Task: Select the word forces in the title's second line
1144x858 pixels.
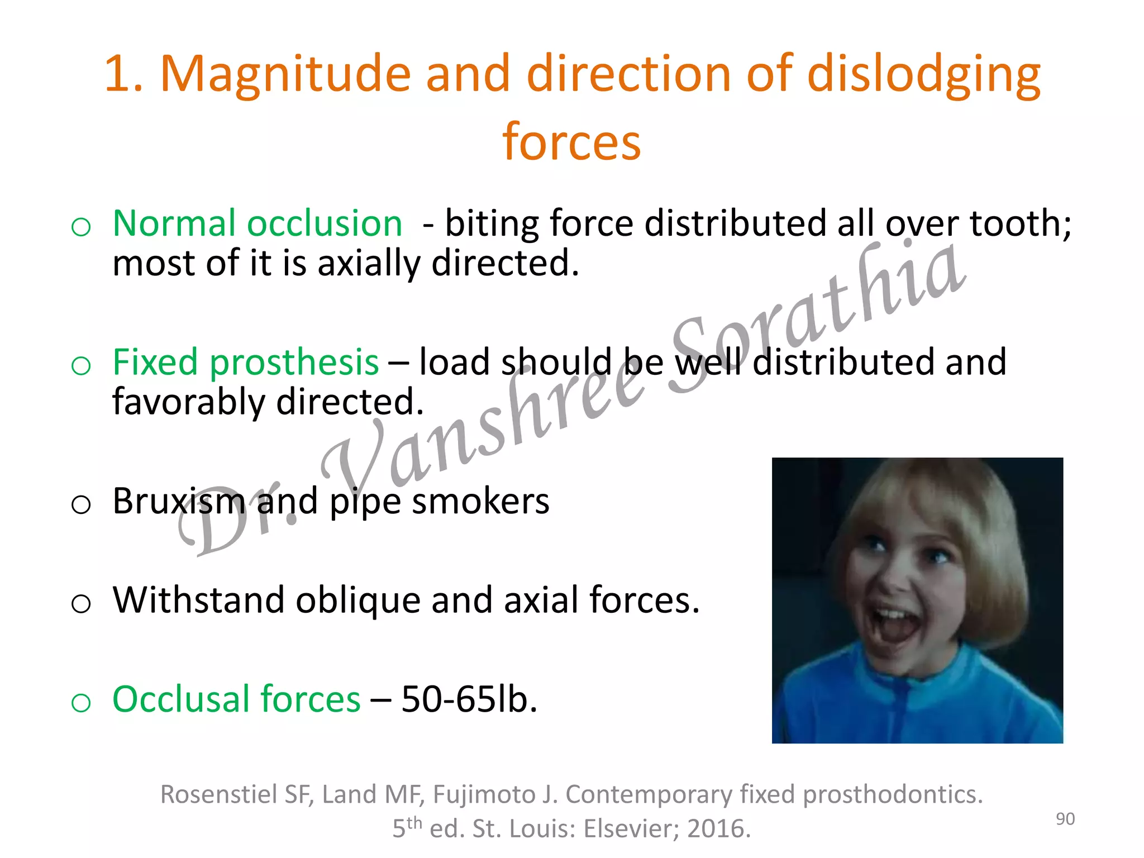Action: tap(571, 142)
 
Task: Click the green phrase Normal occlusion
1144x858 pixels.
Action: tap(258, 223)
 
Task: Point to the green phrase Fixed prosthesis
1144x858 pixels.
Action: tap(246, 362)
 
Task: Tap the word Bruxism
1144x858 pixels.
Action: tap(179, 501)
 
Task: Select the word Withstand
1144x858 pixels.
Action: tap(198, 600)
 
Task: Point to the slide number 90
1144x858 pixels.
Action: tap(1065, 819)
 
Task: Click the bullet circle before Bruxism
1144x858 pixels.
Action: tap(81, 504)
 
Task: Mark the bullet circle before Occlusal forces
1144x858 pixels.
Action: tap(81, 702)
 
